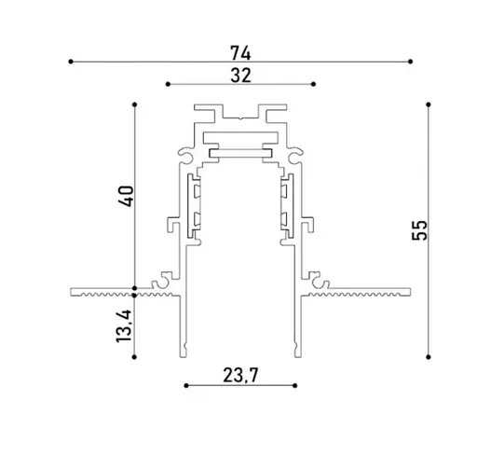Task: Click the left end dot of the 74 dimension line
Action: click(x=71, y=62)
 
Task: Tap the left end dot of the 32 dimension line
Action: click(x=168, y=84)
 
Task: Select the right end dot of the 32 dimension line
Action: click(x=313, y=84)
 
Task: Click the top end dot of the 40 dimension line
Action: click(x=136, y=103)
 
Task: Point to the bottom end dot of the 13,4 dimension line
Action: click(x=136, y=356)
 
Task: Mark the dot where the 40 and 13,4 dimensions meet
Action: click(x=136, y=287)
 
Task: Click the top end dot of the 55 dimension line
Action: click(x=429, y=103)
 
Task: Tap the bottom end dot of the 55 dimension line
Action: click(x=429, y=355)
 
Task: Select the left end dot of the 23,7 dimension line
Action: click(x=186, y=384)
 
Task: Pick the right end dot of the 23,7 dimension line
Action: click(x=297, y=384)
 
